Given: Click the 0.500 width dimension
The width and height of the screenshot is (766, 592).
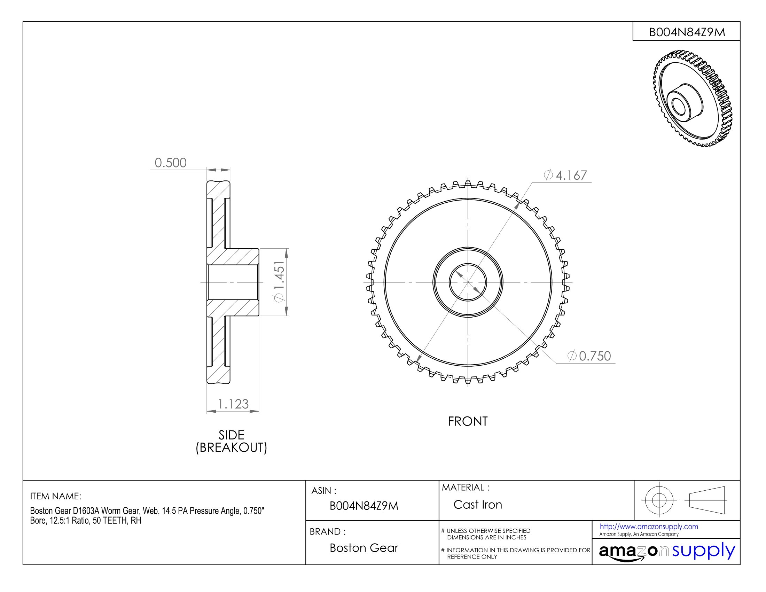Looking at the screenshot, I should (171, 163).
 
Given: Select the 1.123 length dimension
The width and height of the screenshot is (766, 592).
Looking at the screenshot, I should (233, 404).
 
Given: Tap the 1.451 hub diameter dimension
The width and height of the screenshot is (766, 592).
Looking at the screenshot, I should (279, 282).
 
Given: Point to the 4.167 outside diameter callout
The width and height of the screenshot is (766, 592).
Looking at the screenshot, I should (565, 175).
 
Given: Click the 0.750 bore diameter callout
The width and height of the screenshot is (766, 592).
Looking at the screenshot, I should (589, 356).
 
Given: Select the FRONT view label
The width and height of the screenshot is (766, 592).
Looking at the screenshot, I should (468, 421).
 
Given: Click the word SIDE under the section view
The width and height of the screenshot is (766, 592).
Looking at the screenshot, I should (231, 435).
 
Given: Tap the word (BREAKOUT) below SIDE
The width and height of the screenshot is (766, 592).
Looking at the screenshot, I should (231, 448).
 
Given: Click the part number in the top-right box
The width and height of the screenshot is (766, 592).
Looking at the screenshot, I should (687, 32).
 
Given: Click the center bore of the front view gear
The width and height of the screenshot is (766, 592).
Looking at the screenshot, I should (468, 282).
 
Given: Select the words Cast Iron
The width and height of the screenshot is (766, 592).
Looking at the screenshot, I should (477, 505).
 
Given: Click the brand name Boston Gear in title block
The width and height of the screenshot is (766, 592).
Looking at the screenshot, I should (364, 548).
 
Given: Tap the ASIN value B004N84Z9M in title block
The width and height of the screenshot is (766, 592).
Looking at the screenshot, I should (364, 506).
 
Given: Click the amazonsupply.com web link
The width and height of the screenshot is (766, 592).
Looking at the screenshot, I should (649, 527).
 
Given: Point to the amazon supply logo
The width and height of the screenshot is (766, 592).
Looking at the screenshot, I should (666, 552).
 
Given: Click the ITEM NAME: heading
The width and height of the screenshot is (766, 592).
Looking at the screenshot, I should (55, 496).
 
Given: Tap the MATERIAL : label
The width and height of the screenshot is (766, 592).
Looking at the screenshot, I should (466, 488).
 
